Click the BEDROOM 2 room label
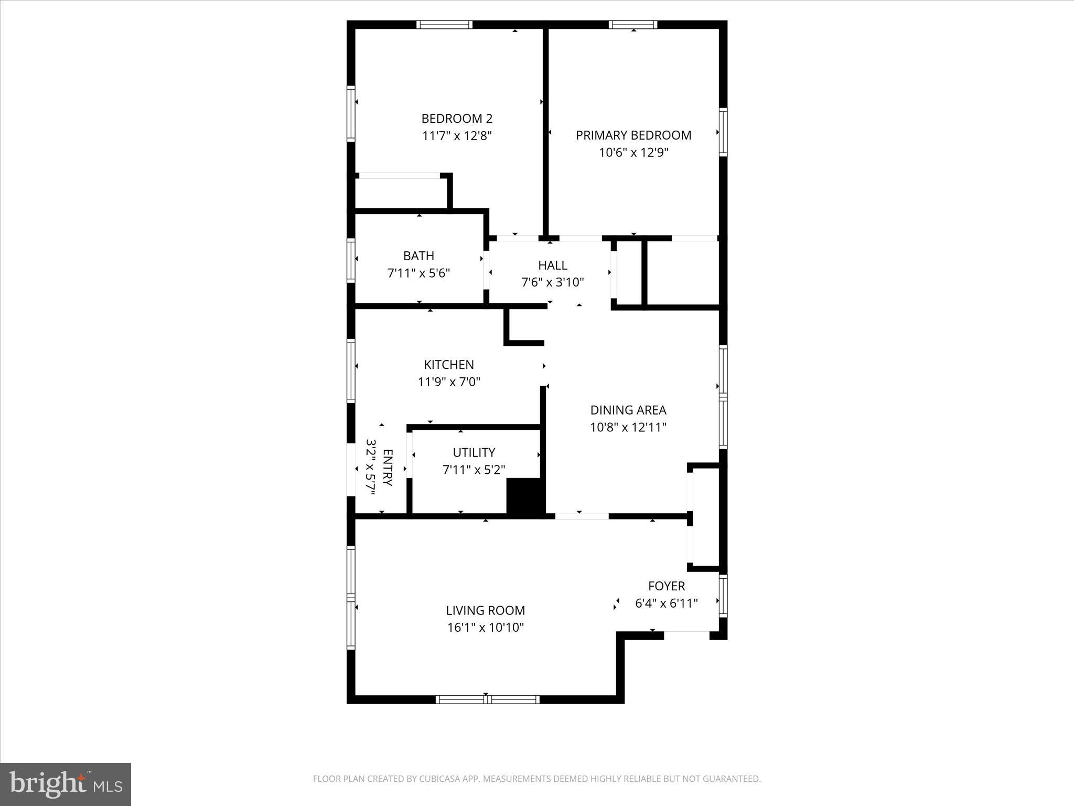click(457, 119)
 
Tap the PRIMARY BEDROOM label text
click(633, 135)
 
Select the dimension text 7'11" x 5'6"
click(418, 273)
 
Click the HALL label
click(552, 265)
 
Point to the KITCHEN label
click(449, 364)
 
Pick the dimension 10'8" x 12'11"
click(628, 427)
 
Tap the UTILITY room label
click(474, 452)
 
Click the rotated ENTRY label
click(388, 468)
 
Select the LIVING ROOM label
click(485, 610)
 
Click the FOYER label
click(667, 586)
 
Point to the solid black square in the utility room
click(525, 496)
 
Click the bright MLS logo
click(66, 784)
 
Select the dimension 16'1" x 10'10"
click(485, 627)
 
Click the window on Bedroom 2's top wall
click(444, 25)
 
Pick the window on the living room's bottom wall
click(487, 699)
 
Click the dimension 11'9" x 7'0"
click(449, 381)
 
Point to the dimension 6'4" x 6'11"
click(667, 603)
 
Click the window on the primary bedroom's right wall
click(723, 132)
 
